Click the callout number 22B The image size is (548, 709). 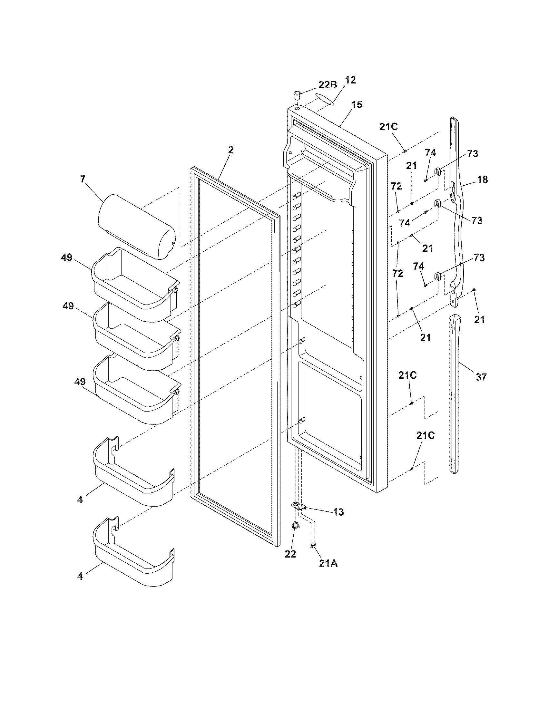pos(328,85)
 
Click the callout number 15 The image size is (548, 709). pos(357,105)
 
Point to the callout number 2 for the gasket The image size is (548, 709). pos(230,150)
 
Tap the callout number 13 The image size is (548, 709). pos(338,512)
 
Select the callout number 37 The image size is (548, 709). pos(481,377)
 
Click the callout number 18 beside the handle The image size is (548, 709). pos(483,179)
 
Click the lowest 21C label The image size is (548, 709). pos(425,436)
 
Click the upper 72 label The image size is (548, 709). pos(396,186)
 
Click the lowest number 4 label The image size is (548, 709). pos(80,576)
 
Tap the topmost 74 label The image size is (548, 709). pos(430,152)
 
